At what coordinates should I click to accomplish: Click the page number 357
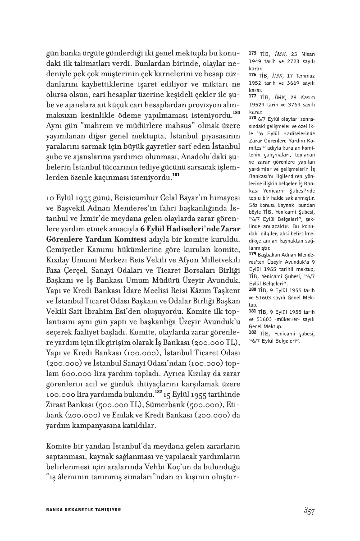tap(309, 510)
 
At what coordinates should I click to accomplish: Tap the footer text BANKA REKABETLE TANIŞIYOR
tap(84, 510)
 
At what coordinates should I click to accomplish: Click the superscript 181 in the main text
tap(176, 175)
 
